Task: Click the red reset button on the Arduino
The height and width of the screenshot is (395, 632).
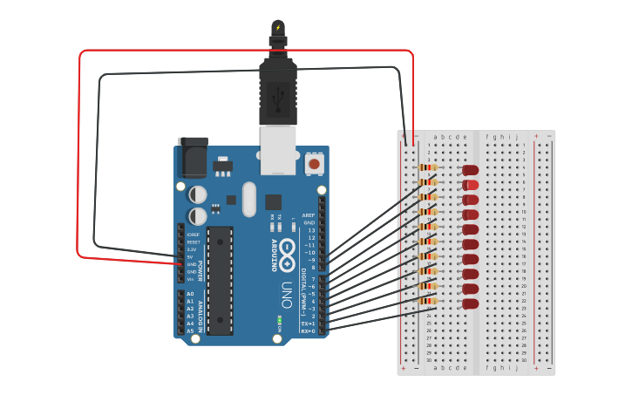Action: tap(313, 163)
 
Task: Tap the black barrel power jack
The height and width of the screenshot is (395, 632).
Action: tap(193, 158)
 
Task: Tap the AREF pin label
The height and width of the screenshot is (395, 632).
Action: tap(308, 215)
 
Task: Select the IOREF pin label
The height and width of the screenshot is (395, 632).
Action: tap(193, 235)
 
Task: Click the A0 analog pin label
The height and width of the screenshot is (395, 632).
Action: tap(190, 294)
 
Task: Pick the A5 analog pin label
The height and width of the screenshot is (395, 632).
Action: tap(190, 330)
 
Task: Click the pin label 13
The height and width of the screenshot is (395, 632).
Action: tap(311, 230)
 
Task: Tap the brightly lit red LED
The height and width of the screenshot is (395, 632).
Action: tap(471, 185)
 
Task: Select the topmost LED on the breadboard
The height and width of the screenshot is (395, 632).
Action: tap(471, 170)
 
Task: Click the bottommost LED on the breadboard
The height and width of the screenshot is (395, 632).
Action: tap(471, 303)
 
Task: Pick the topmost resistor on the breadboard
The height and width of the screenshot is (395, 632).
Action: tap(428, 167)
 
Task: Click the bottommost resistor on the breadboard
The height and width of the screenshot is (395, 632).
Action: tap(428, 300)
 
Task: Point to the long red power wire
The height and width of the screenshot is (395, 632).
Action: tap(244, 51)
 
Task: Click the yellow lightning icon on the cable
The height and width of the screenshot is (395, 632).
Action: tap(278, 28)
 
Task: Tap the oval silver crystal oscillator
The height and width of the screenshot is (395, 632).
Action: tap(249, 199)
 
